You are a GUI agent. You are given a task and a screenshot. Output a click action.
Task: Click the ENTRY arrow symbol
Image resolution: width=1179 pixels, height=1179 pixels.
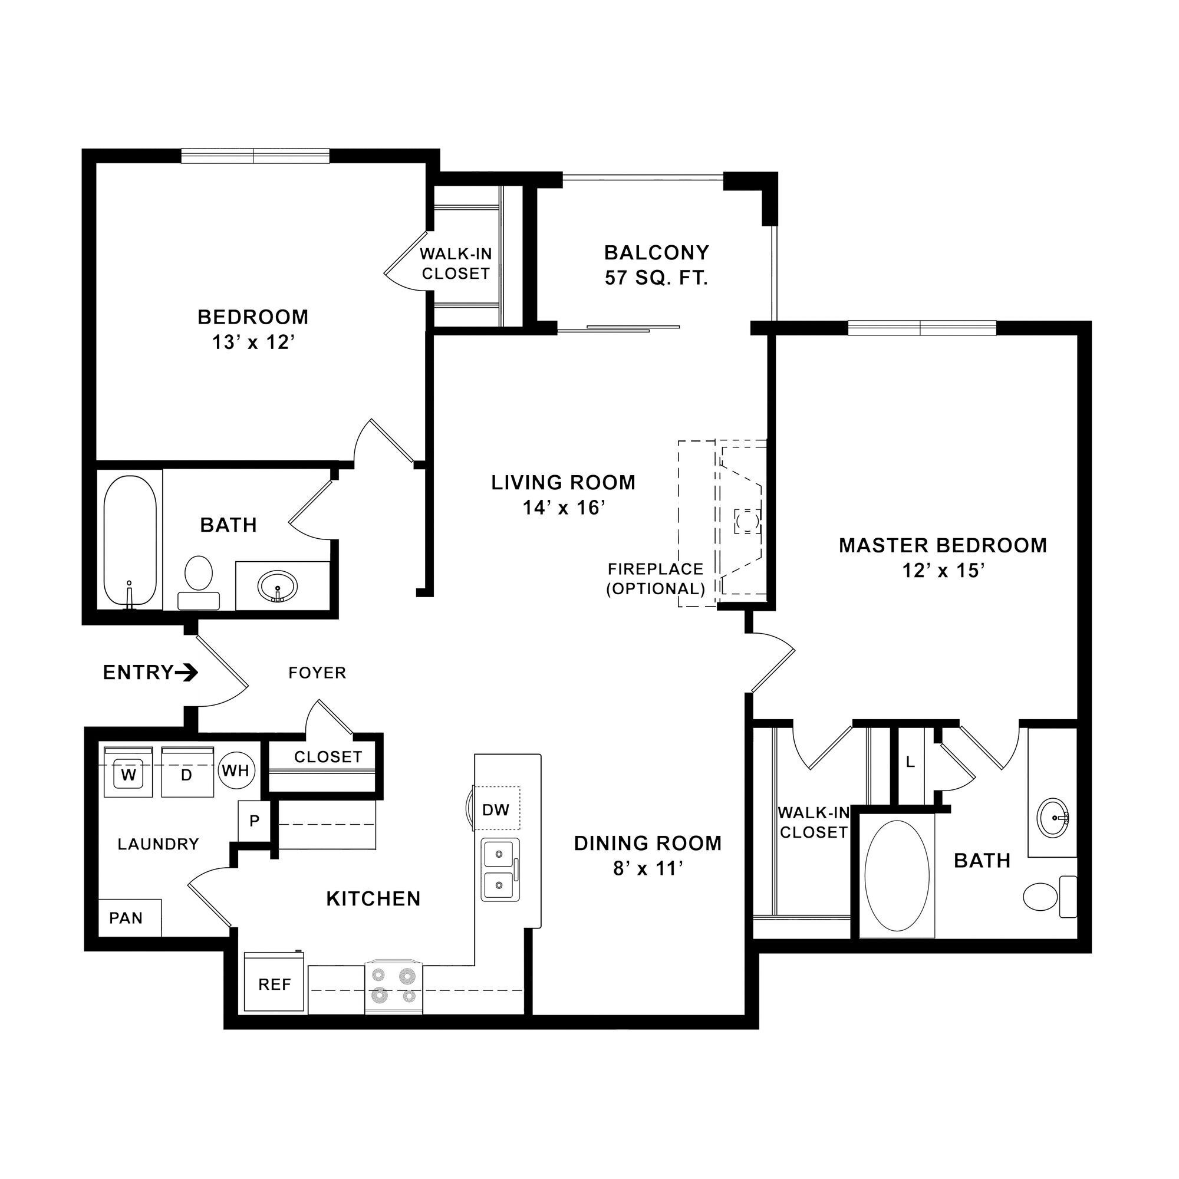(186, 673)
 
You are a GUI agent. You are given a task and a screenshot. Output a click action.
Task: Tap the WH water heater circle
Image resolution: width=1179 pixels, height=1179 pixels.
(236, 770)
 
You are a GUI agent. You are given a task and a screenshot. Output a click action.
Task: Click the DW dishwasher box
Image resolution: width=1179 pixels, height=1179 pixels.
(496, 810)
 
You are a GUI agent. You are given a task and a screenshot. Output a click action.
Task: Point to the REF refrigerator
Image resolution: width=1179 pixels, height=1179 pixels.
(274, 984)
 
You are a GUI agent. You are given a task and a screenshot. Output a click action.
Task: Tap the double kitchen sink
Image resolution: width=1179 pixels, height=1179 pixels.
(500, 870)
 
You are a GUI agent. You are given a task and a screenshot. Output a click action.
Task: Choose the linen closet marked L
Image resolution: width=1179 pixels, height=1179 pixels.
(910, 762)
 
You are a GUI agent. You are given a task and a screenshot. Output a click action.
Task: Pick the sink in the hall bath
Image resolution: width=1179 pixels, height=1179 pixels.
(278, 587)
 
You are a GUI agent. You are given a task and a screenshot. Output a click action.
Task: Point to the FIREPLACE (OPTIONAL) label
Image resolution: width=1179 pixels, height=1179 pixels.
(656, 578)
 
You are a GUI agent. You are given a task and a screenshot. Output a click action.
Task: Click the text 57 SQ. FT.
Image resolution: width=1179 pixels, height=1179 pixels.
(656, 279)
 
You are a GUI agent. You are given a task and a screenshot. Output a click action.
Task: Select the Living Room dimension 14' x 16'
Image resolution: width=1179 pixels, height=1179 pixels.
(563, 508)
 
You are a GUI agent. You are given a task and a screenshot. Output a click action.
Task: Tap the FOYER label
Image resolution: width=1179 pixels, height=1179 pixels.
(317, 673)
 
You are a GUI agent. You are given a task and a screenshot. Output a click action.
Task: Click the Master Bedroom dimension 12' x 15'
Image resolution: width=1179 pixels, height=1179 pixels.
(943, 571)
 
